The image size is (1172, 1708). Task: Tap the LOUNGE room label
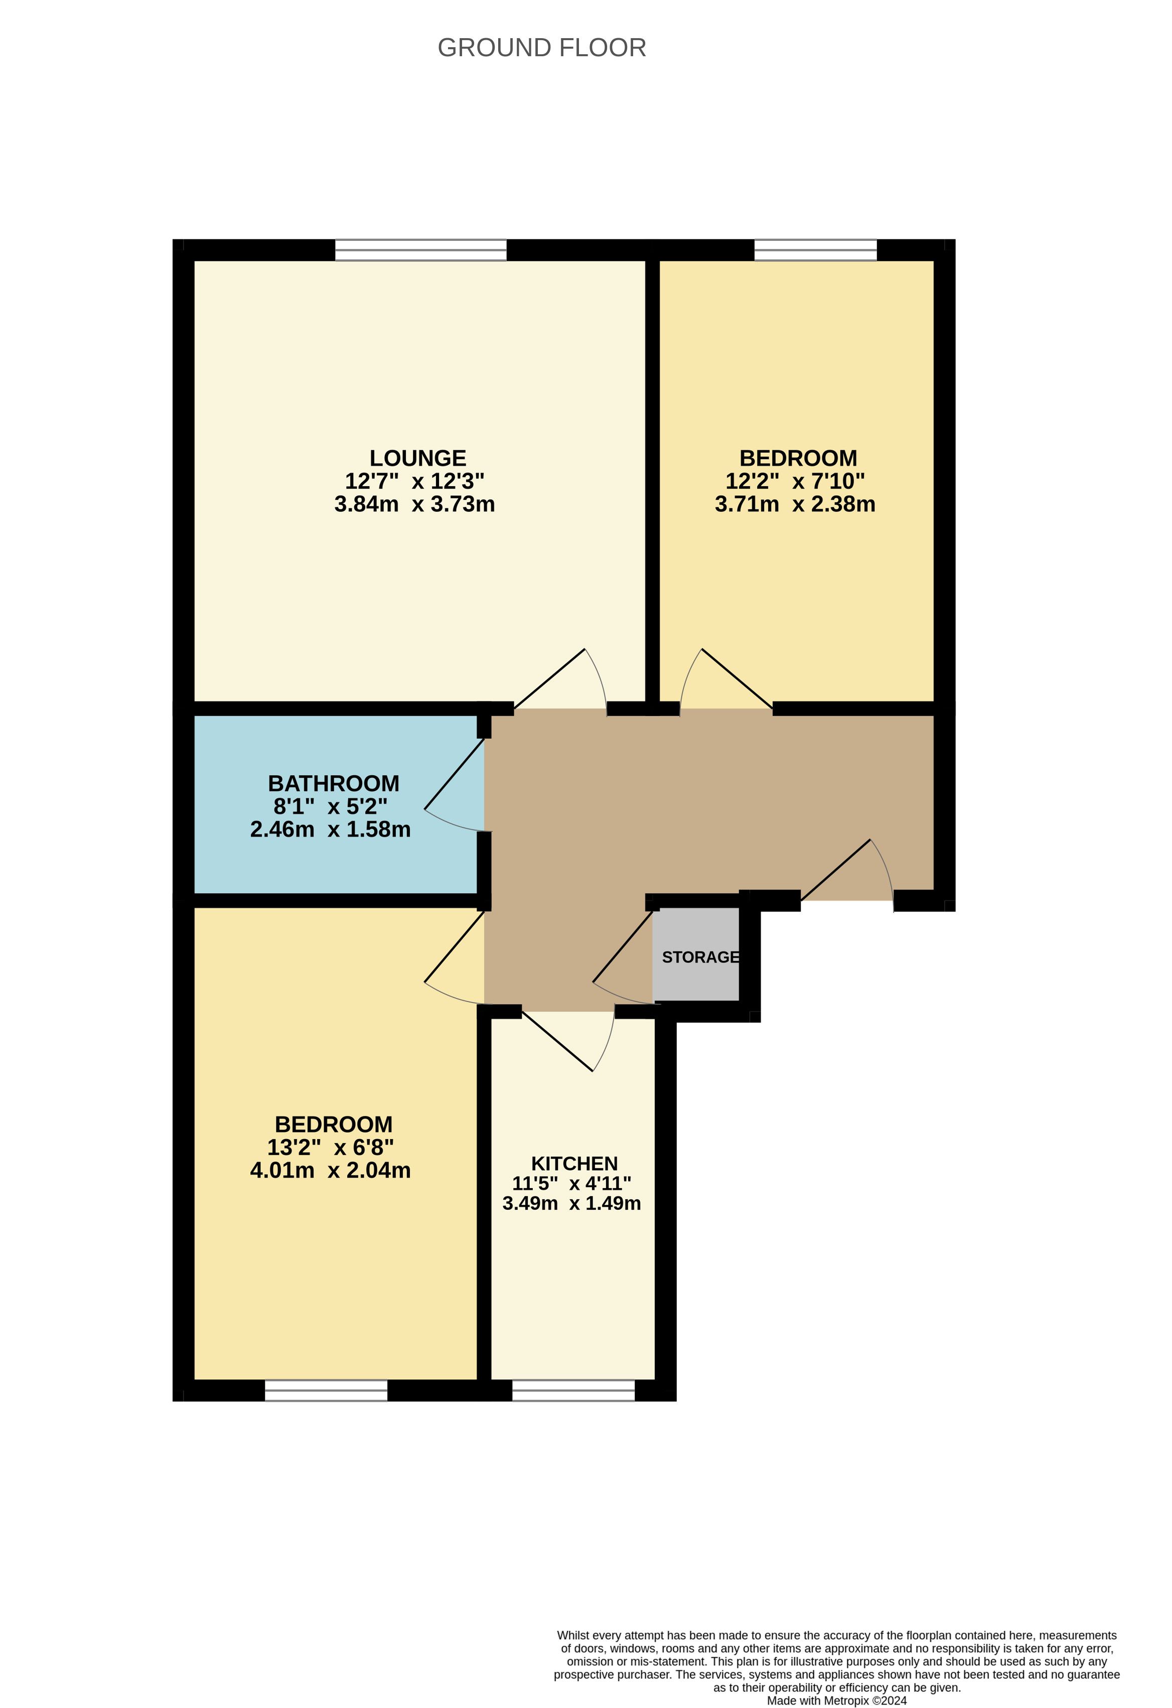click(417, 458)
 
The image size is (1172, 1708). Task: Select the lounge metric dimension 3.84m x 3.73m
click(414, 504)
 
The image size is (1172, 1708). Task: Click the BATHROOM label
click(334, 783)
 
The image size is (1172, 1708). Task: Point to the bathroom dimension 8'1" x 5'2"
click(331, 806)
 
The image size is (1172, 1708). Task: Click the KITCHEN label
click(574, 1164)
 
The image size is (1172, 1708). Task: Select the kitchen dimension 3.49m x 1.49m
click(571, 1203)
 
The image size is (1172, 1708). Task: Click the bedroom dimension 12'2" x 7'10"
click(795, 481)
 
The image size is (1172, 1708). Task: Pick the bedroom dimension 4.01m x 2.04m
click(331, 1170)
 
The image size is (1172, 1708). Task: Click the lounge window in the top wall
click(421, 250)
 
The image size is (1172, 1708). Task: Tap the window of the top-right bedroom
click(816, 250)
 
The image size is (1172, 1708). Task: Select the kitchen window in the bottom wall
click(573, 1390)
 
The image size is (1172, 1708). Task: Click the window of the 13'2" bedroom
click(326, 1390)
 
